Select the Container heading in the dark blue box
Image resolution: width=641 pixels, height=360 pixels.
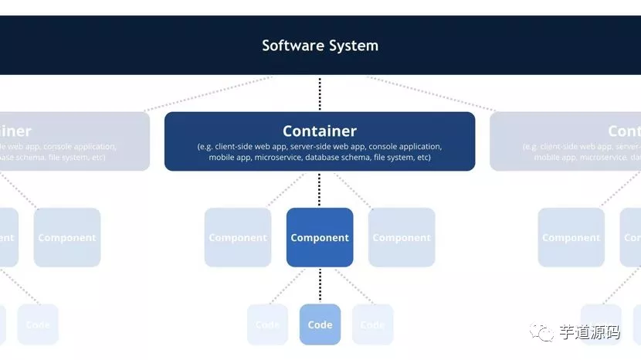tap(320, 131)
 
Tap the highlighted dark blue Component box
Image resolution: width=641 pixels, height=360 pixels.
tap(320, 237)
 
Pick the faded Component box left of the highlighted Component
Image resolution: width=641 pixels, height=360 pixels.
tap(238, 237)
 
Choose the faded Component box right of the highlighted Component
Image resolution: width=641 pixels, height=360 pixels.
tap(402, 237)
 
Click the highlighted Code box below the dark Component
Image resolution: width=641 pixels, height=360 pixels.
tap(320, 324)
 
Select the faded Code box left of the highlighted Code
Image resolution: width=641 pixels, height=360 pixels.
tap(267, 324)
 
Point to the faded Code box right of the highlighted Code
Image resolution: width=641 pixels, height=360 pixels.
tap(372, 324)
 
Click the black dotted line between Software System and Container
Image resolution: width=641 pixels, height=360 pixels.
tap(320, 93)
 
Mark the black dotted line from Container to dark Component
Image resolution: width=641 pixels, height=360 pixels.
tap(320, 189)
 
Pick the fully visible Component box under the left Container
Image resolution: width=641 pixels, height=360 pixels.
tap(67, 237)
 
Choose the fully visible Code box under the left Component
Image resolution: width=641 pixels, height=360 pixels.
tap(38, 324)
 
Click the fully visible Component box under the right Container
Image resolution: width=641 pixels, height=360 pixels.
tap(571, 237)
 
